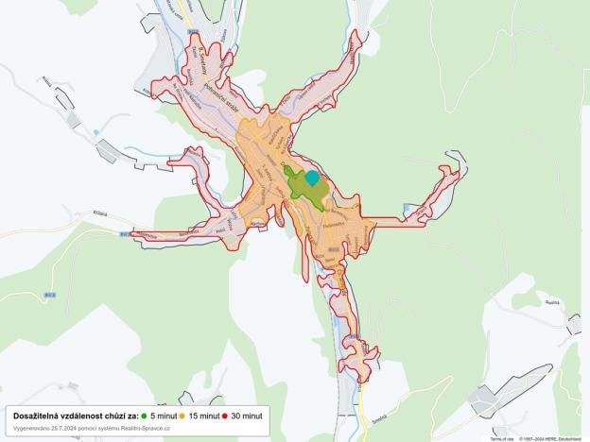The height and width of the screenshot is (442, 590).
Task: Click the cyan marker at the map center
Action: click(312, 177)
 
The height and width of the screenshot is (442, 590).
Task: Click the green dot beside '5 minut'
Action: click(144, 416)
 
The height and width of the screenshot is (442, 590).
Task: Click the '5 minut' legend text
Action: click(164, 416)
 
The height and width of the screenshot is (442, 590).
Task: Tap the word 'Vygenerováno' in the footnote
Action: click(31, 428)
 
